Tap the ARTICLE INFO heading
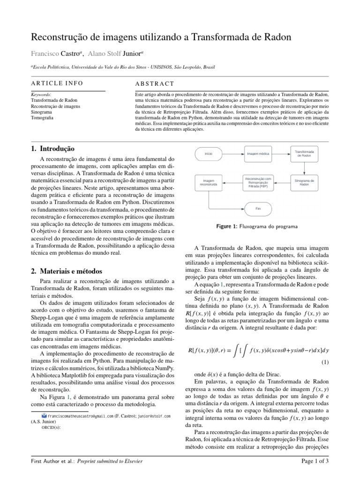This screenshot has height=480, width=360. coord(57,83)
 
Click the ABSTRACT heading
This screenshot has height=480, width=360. coord(154,84)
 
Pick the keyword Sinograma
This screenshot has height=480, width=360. coord(41,112)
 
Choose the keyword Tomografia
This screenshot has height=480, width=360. coord(42,119)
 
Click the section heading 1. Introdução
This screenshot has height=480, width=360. coord(52,149)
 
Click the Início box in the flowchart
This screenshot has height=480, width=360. coord(209,154)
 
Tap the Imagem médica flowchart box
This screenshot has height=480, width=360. coord(257,154)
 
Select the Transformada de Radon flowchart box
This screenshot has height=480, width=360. coord(304,153)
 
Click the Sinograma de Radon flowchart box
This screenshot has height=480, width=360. coord(304,182)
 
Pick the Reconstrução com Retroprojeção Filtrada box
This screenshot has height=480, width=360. coord(257,182)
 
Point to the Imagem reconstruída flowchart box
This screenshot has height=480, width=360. coord(209,182)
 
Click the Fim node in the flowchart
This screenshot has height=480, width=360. coord(257,208)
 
